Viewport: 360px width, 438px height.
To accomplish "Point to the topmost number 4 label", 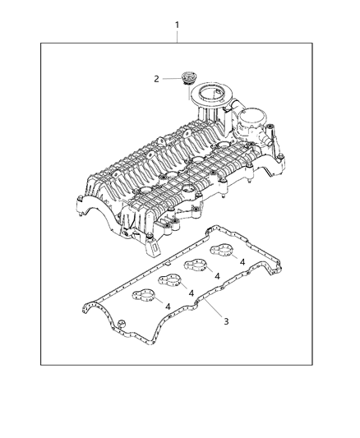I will [244, 260].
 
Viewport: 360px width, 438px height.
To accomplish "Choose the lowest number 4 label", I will [168, 307].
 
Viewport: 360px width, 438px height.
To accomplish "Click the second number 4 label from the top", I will [217, 277].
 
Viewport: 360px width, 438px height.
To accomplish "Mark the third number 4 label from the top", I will [192, 293].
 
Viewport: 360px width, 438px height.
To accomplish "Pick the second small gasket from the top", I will [196, 267].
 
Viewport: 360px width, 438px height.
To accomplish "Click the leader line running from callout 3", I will [210, 309].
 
